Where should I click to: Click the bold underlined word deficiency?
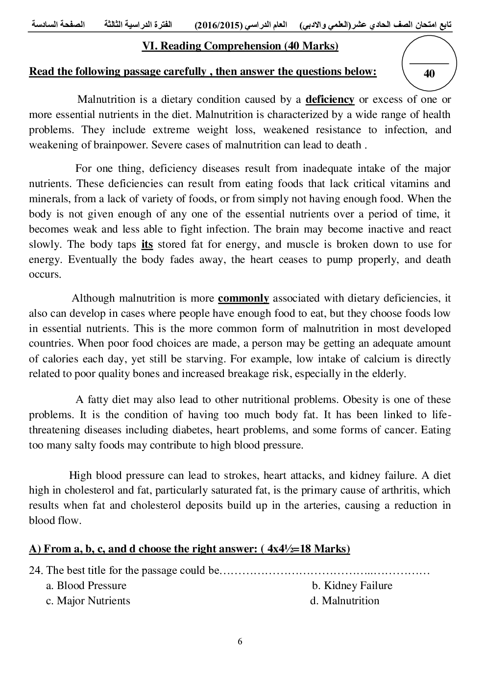point(330,99)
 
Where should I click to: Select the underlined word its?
point(147,244)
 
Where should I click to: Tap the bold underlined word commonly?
point(243,298)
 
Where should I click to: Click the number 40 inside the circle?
point(429,74)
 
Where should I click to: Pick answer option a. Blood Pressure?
point(86,586)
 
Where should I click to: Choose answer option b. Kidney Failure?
point(352,586)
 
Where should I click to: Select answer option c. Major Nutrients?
point(88,601)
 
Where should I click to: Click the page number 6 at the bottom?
point(240,641)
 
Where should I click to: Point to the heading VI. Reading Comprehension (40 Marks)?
point(240,46)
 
